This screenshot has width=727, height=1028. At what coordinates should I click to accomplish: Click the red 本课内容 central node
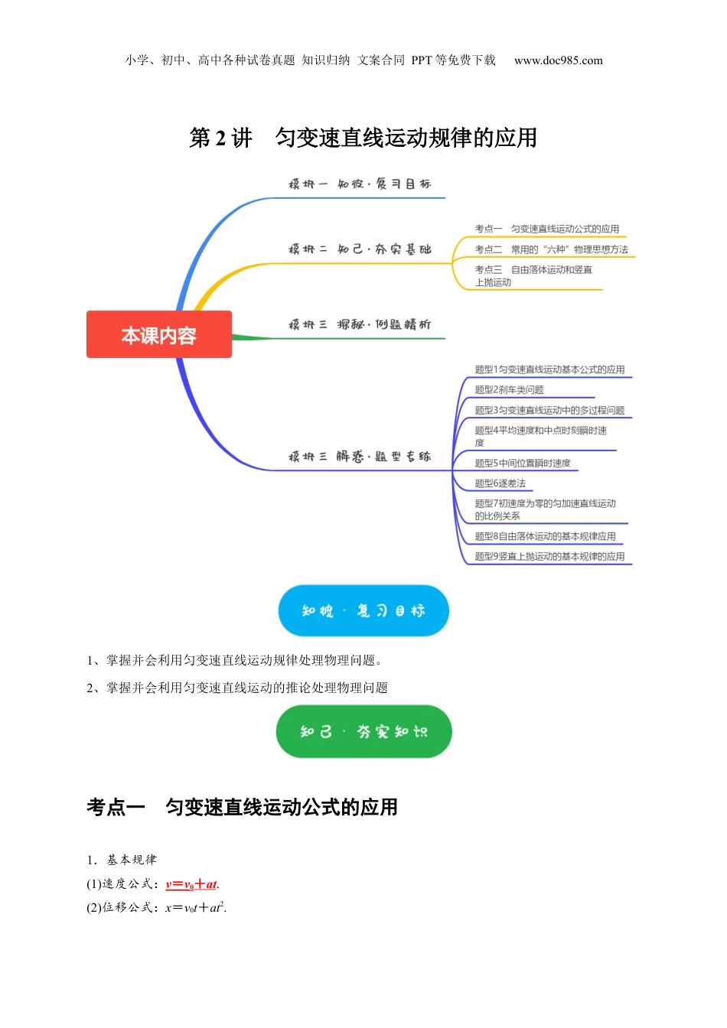pos(159,335)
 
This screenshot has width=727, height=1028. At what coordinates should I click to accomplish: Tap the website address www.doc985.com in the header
pos(558,60)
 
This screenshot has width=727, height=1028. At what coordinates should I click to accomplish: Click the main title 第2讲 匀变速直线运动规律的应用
pos(363,138)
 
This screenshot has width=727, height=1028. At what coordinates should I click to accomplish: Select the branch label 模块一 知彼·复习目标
pos(359,184)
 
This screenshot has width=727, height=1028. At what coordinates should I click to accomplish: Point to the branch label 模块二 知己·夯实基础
pos(359,249)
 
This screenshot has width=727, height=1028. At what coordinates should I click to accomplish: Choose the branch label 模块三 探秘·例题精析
pos(359,325)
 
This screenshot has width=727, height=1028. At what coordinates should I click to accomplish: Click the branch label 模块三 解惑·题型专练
pos(359,457)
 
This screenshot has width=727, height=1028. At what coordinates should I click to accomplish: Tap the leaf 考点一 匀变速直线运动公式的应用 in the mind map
pos(546,229)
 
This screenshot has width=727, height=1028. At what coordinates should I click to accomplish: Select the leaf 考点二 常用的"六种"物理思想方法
pos(551,249)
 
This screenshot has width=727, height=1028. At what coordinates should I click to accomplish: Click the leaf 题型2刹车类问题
pos(509,390)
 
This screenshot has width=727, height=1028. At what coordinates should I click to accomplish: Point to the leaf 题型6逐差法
pos(500,483)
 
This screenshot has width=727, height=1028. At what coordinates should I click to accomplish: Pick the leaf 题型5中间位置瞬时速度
pos(522,463)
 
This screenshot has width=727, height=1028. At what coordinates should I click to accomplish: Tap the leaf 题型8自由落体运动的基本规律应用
pos(545,536)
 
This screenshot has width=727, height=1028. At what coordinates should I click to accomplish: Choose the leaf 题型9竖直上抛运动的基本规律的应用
pos(549,556)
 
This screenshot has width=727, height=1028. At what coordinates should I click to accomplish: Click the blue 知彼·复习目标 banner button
pos(363,610)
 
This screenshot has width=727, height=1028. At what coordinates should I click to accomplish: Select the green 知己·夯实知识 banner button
pos(363,732)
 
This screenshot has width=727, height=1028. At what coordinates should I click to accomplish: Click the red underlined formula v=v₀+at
pos(191,884)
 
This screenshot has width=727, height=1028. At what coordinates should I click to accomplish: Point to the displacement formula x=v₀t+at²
pos(196,908)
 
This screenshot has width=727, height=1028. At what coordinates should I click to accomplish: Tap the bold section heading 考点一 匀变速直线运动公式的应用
pos(242,807)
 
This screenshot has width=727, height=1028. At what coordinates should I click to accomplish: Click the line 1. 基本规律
pos(122,860)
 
